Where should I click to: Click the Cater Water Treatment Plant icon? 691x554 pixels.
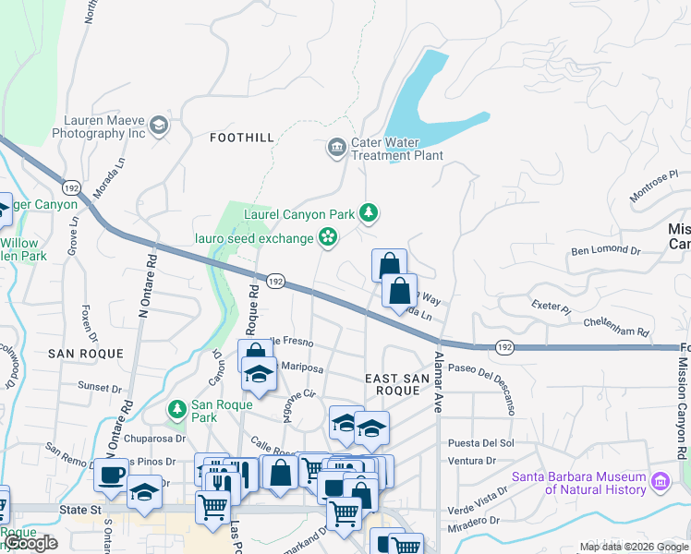pos(335,147)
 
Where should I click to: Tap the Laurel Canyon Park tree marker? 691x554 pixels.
pos(370,213)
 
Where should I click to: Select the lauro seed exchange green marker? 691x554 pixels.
pos(327,238)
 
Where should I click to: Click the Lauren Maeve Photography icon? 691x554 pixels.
pos(159,126)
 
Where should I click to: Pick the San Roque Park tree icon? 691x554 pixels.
pos(176,407)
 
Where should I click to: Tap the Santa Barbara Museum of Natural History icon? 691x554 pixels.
pos(661,481)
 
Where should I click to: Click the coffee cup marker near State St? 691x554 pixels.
pos(111,476)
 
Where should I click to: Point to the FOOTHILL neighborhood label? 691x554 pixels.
pos(242,138)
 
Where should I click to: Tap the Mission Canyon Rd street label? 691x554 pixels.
pos(681,415)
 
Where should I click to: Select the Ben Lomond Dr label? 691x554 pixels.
pos(605,250)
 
